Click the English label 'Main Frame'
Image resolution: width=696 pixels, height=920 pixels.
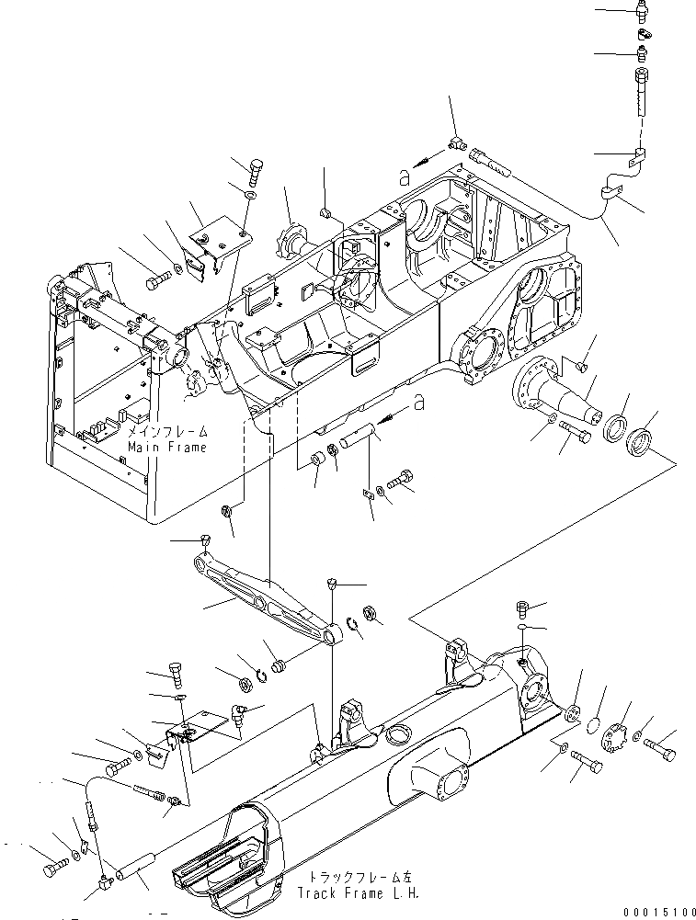point(167,447)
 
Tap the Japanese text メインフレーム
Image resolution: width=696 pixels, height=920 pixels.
point(168,431)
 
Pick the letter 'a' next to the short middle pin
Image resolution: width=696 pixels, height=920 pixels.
point(420,402)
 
